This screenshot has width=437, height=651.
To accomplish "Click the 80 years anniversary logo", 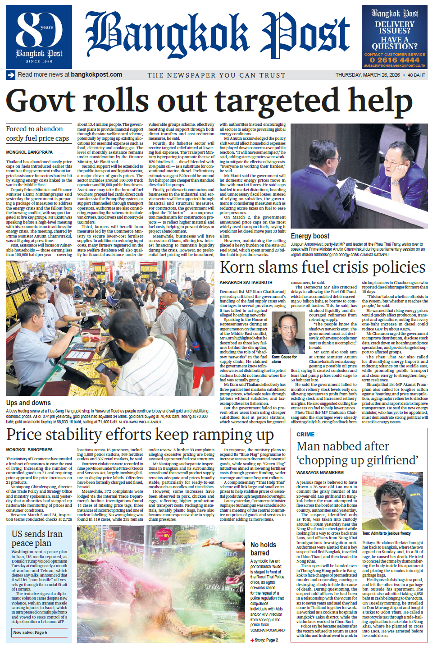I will coord(39,37).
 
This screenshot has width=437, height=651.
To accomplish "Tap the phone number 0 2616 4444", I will coord(394,60).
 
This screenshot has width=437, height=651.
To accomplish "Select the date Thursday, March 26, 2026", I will coord(367,75).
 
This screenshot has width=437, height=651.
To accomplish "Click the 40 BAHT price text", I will coord(416,75).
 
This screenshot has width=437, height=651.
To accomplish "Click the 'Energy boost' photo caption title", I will coord(310,236).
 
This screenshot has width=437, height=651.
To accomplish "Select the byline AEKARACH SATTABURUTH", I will coord(246,283).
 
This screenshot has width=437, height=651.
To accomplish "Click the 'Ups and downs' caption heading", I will coord(28,403).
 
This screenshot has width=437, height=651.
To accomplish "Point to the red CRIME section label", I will coord(305,435).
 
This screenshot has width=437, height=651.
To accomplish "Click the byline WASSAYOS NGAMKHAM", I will coord(320,473).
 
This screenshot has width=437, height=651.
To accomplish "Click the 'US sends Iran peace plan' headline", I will coord(37,538).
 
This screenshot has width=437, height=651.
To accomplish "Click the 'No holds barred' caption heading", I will coord(263,549).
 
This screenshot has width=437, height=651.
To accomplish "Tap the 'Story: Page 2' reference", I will coord(266,640).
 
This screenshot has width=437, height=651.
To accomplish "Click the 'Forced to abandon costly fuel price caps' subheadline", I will coord(37,133).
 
